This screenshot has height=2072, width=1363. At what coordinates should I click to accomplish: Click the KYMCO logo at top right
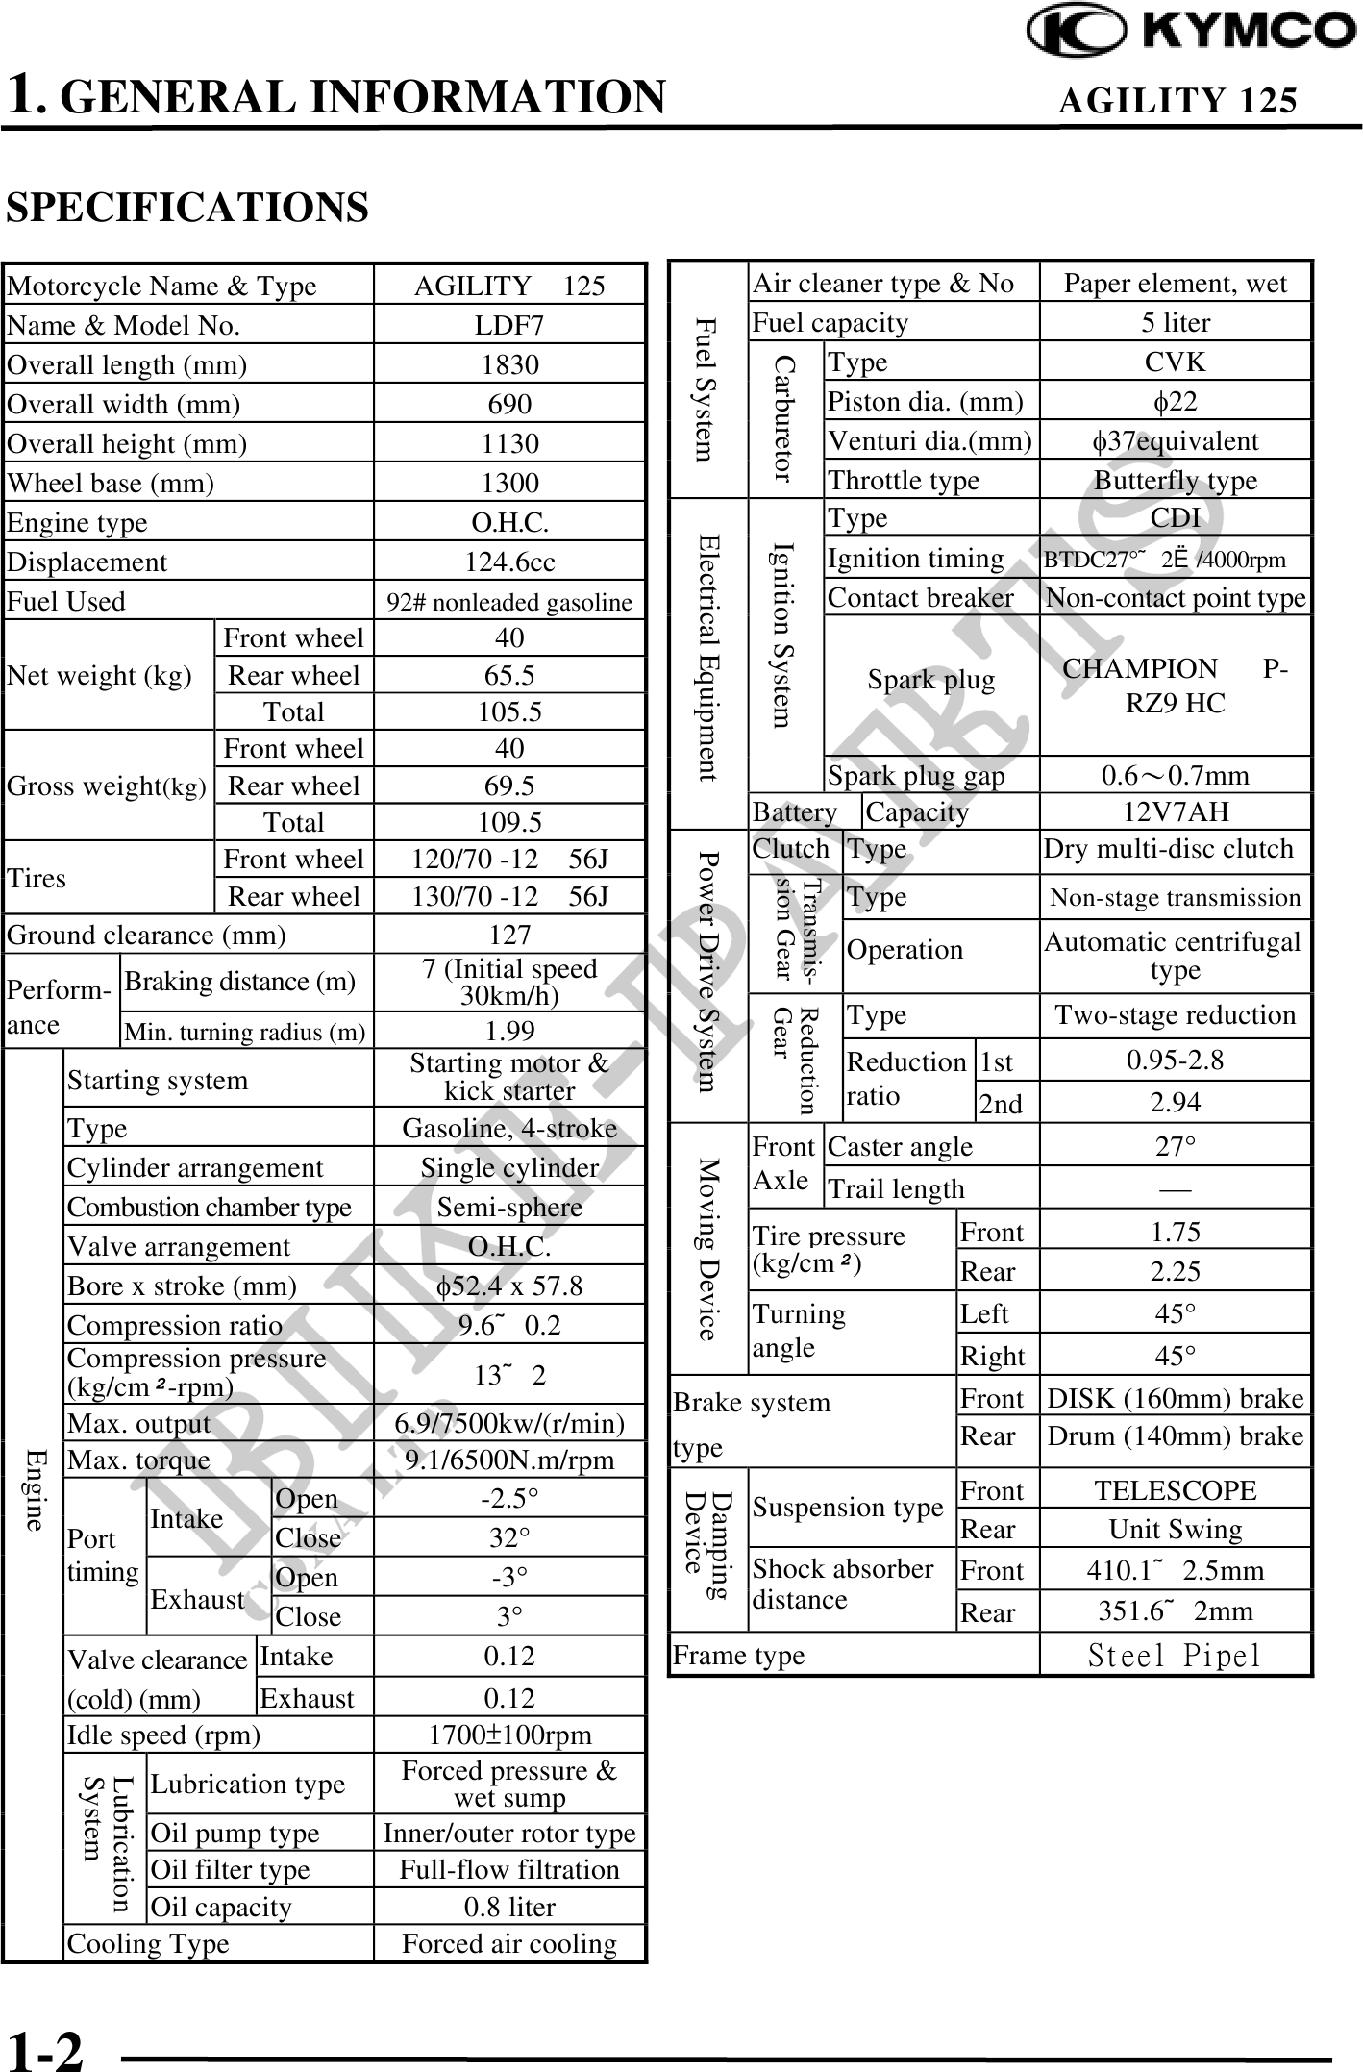(1192, 31)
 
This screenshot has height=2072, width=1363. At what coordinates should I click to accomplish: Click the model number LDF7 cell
(508, 326)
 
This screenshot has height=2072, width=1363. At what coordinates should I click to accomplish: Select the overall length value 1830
(508, 365)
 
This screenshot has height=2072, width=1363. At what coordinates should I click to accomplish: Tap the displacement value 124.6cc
(508, 562)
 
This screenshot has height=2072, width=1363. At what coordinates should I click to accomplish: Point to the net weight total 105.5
(508, 712)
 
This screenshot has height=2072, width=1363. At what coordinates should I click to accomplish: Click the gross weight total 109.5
(508, 823)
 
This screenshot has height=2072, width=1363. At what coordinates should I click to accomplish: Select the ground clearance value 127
(508, 935)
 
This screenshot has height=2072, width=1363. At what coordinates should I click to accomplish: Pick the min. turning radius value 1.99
(508, 1031)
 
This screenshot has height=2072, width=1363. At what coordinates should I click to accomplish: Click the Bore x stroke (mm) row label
(182, 1286)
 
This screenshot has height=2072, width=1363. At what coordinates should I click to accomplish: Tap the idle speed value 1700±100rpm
(508, 1735)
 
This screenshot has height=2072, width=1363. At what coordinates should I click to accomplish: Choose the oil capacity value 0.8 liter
(508, 1907)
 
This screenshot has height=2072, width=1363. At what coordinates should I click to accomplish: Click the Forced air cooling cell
(508, 1943)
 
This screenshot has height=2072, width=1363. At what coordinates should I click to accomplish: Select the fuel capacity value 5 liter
(1175, 323)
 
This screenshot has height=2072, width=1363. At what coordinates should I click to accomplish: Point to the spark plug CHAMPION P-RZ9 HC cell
(1175, 686)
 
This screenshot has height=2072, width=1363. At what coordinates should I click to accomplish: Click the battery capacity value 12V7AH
(1175, 811)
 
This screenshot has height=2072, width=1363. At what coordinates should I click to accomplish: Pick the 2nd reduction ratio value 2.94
(1175, 1103)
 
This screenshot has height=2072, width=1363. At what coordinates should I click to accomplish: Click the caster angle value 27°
(1175, 1146)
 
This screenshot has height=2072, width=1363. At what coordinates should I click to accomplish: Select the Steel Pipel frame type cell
(1175, 1656)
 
